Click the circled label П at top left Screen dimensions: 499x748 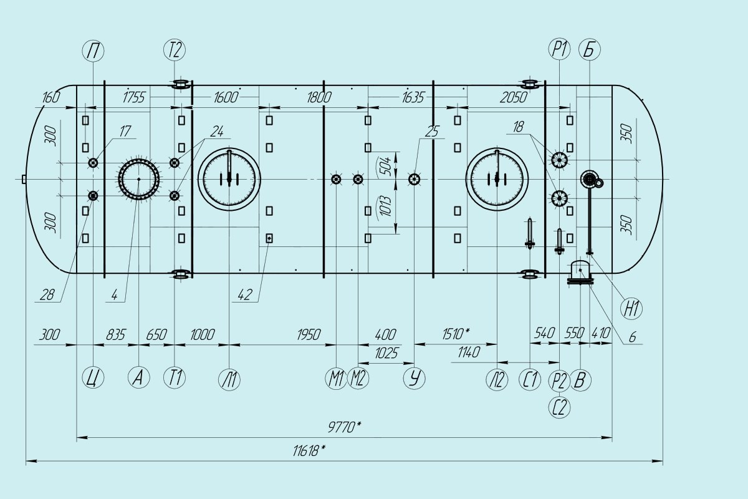(93, 50)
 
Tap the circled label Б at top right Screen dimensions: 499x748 (588, 50)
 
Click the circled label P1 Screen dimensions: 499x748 (559, 50)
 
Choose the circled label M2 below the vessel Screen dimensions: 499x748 (358, 379)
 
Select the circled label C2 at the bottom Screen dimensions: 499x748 (559, 408)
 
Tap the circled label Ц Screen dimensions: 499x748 (93, 378)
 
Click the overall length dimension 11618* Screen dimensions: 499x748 (309, 451)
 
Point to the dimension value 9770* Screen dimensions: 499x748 (345, 427)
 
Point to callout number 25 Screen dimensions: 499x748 (431, 132)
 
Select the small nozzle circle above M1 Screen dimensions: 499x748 (336, 180)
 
